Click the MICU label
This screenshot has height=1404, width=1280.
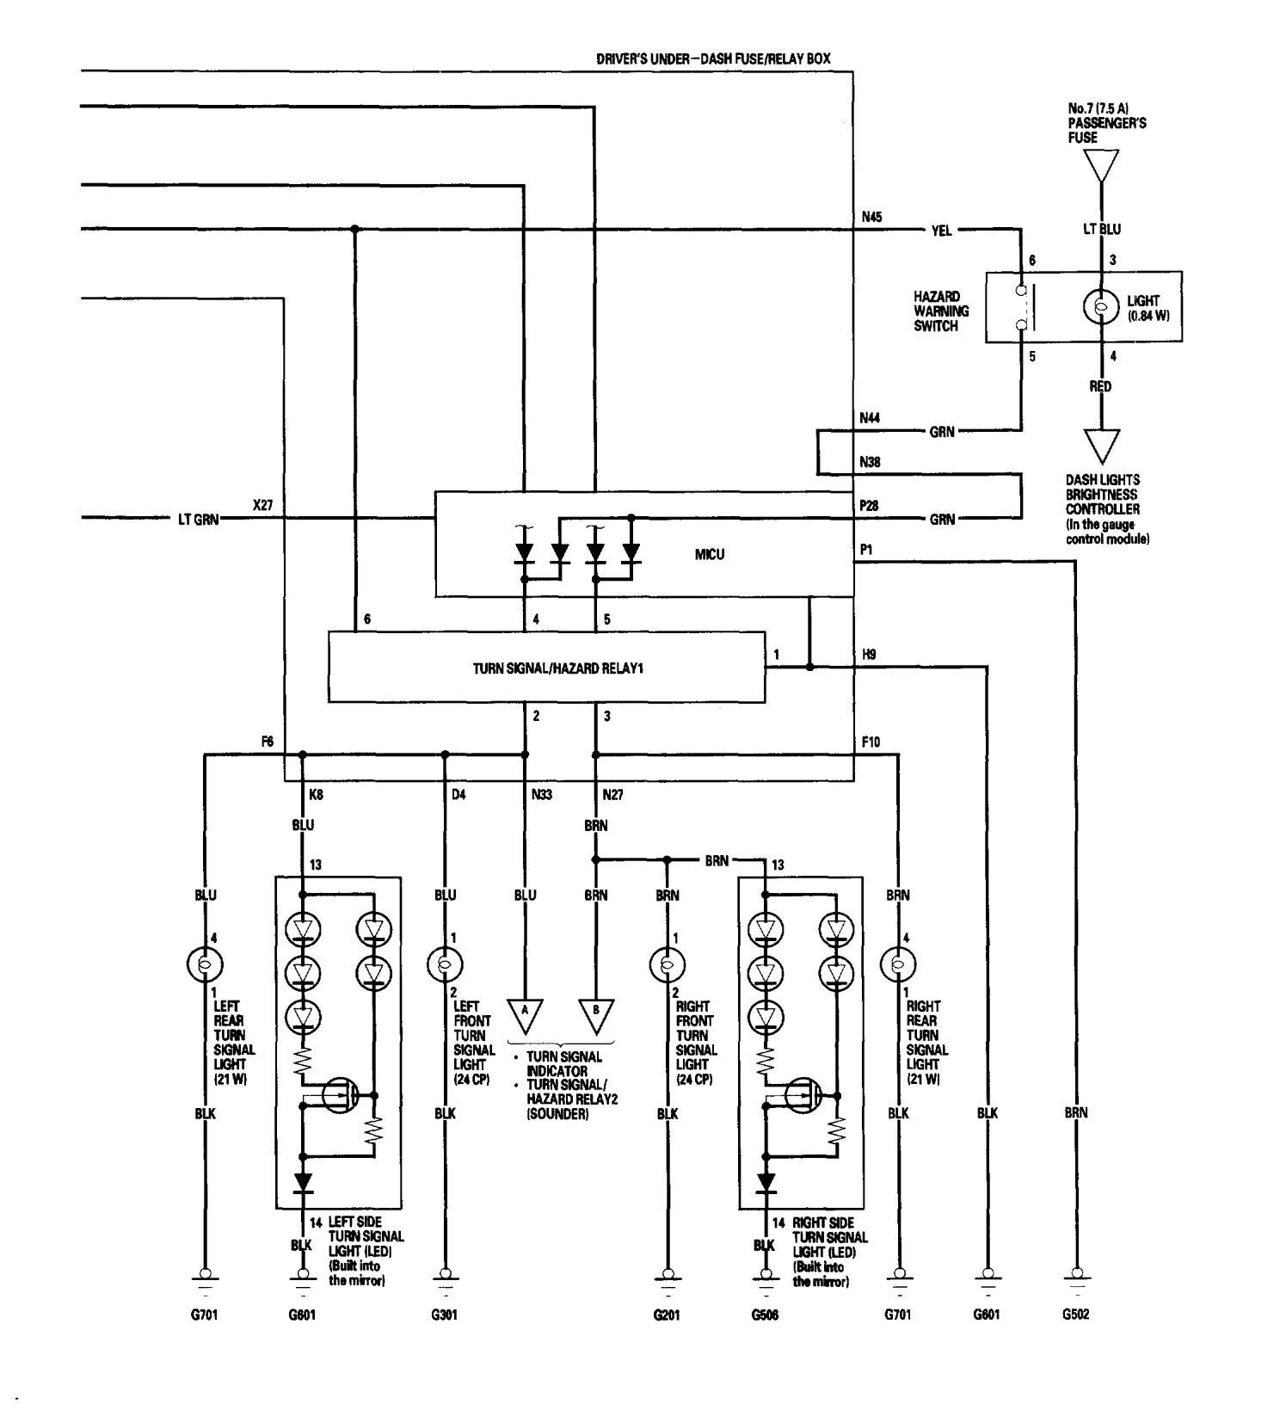tap(710, 554)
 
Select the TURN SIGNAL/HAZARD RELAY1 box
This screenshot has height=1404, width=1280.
tap(546, 668)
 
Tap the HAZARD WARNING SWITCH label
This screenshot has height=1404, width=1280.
tap(941, 311)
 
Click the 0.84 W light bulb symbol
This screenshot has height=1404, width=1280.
tap(1099, 307)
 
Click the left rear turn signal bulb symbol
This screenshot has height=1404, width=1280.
tap(204, 964)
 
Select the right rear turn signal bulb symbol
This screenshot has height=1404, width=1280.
tap(898, 964)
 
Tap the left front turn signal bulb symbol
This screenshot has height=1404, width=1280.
tap(445, 964)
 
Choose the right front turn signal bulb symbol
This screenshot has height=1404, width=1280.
tap(667, 964)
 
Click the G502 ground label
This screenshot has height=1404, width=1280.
tap(1075, 1315)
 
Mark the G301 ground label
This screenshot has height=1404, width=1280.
tap(445, 1315)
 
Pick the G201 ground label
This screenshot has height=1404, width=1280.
tap(667, 1315)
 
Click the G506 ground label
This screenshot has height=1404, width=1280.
tap(765, 1315)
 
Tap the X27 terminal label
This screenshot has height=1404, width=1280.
tap(262, 506)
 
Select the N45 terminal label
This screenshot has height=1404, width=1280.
tap(871, 218)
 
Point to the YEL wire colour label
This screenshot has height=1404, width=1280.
tap(941, 231)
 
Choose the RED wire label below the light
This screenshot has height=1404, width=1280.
tap(1100, 386)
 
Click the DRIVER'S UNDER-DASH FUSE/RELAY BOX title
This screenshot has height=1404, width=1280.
tap(713, 59)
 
